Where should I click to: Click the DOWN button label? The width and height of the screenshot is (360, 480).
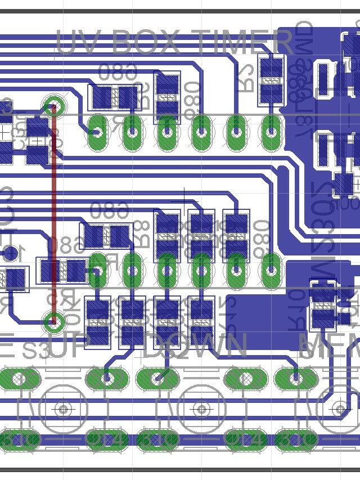(195, 346)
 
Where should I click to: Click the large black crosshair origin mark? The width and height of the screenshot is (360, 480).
(184, 201)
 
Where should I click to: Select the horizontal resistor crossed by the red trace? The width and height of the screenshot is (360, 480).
(61, 271)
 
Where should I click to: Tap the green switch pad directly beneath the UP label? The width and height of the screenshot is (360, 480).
(105, 378)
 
